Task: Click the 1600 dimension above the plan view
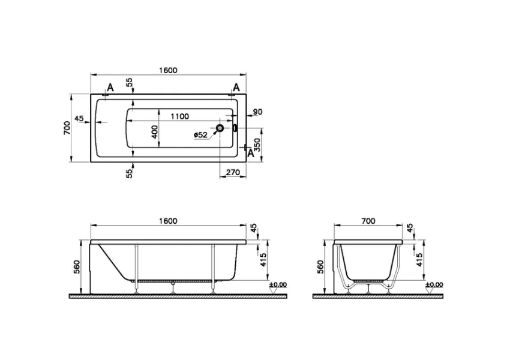tap(169, 70)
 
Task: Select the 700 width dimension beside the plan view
tap(67, 128)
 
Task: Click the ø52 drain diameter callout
tap(200, 136)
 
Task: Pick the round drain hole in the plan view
tap(220, 128)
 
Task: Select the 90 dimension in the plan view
tap(257, 112)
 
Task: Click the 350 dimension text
tap(257, 145)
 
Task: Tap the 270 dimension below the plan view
tap(234, 172)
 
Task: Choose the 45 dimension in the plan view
tap(79, 118)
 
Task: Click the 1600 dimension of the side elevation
tap(169, 221)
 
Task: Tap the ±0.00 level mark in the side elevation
tap(278, 284)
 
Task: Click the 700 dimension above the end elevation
tap(368, 221)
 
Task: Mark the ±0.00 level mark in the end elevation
tap(434, 284)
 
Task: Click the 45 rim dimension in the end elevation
tap(411, 229)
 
